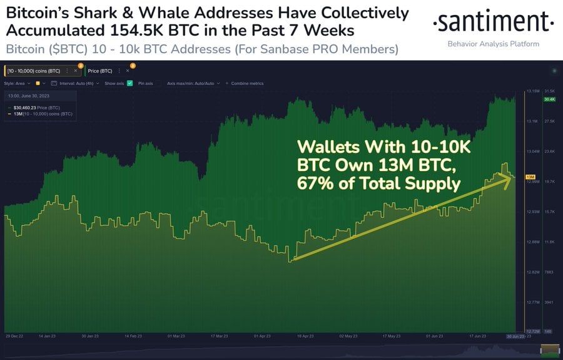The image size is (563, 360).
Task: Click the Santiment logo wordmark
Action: tap(494, 23)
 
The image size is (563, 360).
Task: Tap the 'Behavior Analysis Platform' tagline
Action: tap(494, 44)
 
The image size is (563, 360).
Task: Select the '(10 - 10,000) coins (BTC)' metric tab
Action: tap(34, 71)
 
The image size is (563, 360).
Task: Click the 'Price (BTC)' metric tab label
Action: tap(99, 71)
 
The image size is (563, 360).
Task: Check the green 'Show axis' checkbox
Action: tap(129, 83)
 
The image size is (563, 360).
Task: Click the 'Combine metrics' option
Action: tap(247, 83)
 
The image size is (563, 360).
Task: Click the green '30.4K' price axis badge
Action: tap(550, 99)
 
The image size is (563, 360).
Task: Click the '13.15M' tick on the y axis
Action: tap(534, 91)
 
